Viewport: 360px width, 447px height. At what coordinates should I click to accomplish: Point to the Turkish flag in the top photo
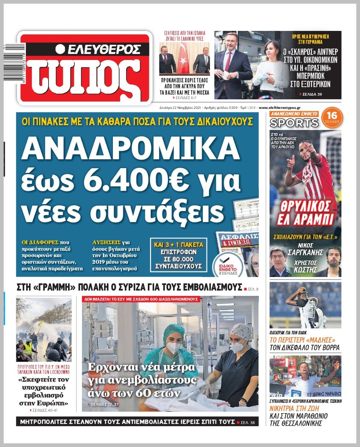[x=183, y=58]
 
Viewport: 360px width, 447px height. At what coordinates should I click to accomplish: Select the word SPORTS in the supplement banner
[x=294, y=123]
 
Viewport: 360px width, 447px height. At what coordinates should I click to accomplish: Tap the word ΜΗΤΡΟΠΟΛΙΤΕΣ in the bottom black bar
[x=46, y=422]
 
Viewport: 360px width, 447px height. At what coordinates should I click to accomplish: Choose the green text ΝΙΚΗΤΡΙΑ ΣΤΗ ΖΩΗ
[x=294, y=408]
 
